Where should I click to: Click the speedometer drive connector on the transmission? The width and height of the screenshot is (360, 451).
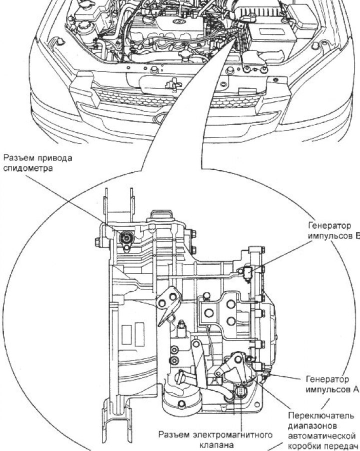[127, 238]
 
